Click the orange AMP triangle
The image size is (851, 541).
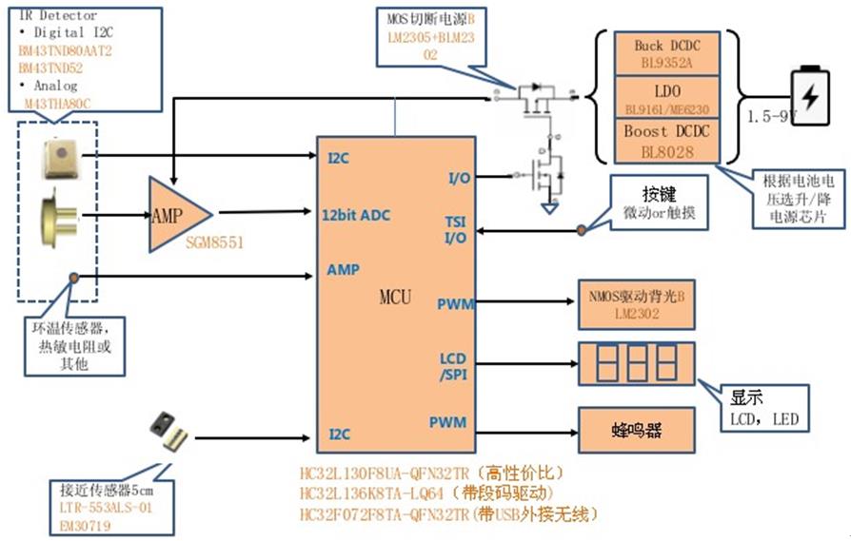pyautogui.click(x=175, y=214)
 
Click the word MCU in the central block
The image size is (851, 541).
pyautogui.click(x=395, y=298)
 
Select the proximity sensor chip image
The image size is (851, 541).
pyautogui.click(x=166, y=430)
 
